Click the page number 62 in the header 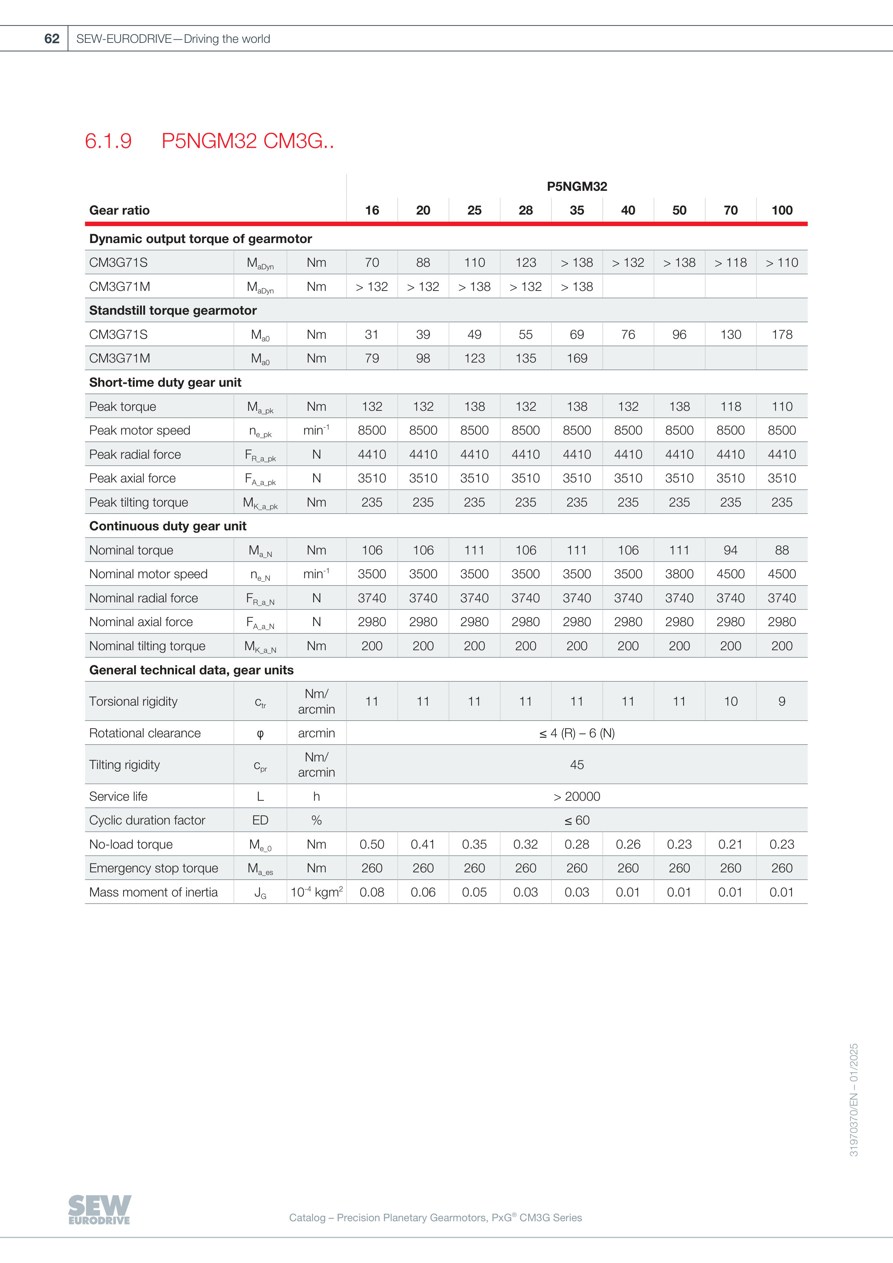[52, 39]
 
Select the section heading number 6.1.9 [108, 141]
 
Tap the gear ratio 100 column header [781, 210]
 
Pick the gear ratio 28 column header [525, 210]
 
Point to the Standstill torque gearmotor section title [173, 310]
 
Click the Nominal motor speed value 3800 [679, 574]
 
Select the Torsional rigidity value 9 [781, 701]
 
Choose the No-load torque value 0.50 [372, 844]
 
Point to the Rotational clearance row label [145, 733]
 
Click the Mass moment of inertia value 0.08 [372, 892]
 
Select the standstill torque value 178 [781, 334]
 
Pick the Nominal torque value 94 [730, 550]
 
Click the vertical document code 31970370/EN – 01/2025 [853, 1100]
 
